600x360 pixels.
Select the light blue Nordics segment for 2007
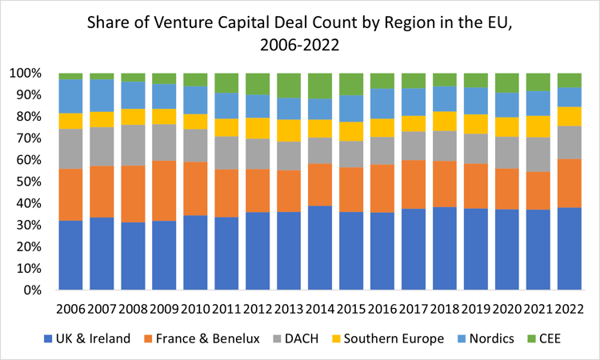pos(102,95)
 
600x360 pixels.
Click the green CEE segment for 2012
pos(258,83)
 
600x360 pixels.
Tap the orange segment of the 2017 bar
pos(413,184)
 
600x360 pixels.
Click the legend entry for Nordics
pos(488,338)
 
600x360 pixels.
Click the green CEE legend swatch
pos(532,339)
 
